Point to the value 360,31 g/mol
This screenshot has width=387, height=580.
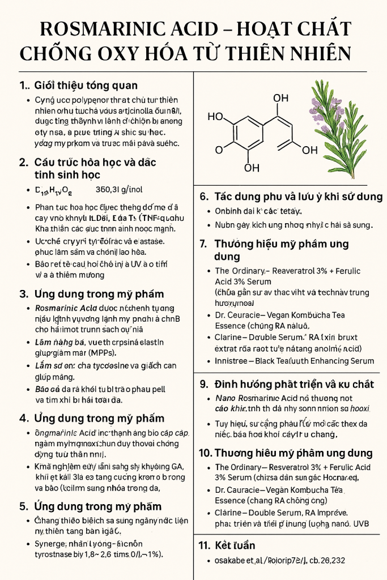coord(117,190)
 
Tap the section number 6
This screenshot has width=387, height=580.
coord(204,197)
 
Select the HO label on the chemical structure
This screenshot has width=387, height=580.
coord(215,117)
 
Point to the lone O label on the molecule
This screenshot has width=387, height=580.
coord(219,150)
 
